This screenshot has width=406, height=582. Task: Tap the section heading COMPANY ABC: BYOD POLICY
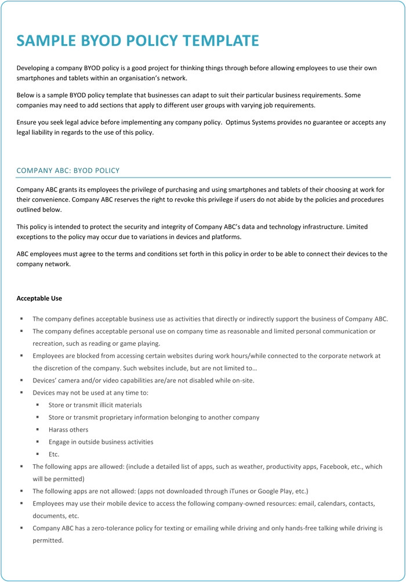(x=68, y=171)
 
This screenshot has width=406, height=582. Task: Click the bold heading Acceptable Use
(x=39, y=298)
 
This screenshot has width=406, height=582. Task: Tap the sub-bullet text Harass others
(x=68, y=430)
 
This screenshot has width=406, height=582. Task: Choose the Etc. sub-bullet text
(x=54, y=454)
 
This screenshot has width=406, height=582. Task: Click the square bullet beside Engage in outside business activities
(x=37, y=442)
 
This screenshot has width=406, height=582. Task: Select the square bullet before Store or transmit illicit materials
(x=37, y=405)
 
